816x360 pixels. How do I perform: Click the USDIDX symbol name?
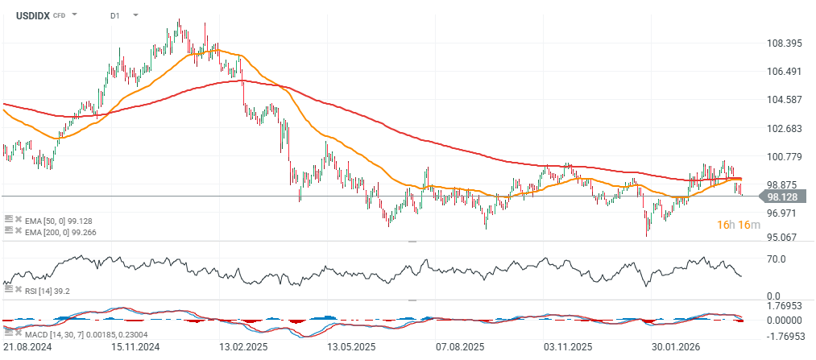coord(28,15)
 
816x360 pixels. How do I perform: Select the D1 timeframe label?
coord(116,15)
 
